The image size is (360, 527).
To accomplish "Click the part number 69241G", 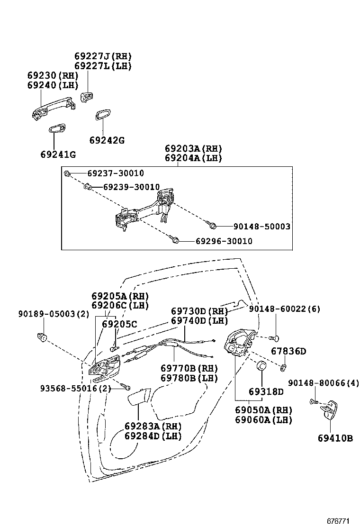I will pyautogui.click(x=58, y=154).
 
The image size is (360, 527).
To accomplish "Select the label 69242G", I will pyautogui.click(x=107, y=140).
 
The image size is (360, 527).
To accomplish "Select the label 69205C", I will pyautogui.click(x=119, y=325).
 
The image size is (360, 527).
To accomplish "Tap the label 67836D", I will pyautogui.click(x=288, y=351).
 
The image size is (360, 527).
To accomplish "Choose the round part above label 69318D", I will pyautogui.click(x=261, y=367).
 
